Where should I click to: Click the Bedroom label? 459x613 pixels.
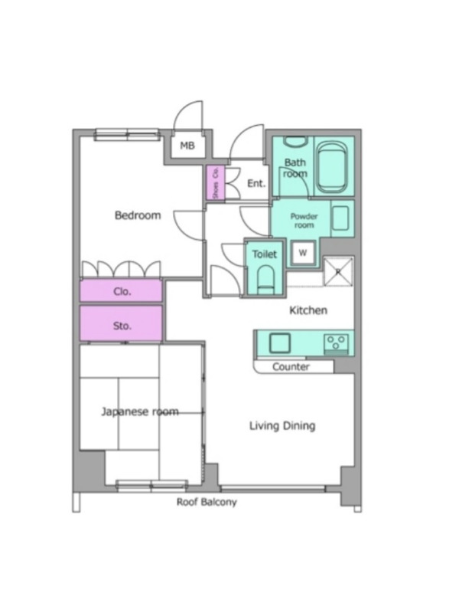point(138,215)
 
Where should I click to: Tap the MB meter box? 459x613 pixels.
point(187,146)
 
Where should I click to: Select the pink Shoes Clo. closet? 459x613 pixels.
point(216,182)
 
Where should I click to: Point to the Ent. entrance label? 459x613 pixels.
point(256,183)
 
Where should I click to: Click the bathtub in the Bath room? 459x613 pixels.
point(331,167)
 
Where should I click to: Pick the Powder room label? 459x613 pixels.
point(304,221)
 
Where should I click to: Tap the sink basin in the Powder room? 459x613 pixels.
point(340,218)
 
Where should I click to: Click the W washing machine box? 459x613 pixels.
point(303,253)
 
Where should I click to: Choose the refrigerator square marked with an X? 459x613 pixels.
point(338,271)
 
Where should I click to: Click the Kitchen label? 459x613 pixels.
point(308,310)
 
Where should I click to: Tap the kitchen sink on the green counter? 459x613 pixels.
point(279,343)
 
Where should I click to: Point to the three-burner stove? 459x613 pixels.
point(336,344)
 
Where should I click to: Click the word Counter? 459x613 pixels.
point(291,367)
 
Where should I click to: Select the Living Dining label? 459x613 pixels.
point(282,426)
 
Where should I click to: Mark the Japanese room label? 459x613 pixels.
point(140,411)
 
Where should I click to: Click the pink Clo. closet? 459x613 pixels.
point(122,291)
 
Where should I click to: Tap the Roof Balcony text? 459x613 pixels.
point(207,502)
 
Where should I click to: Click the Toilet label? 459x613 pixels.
point(264,254)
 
